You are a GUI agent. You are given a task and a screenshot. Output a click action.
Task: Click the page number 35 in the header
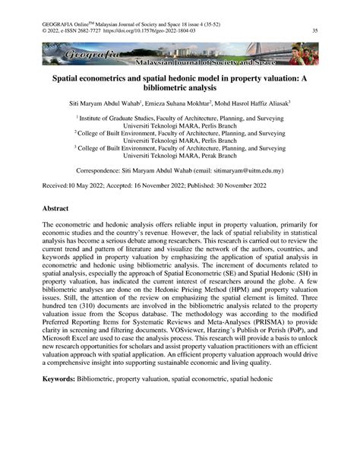[314, 31]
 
